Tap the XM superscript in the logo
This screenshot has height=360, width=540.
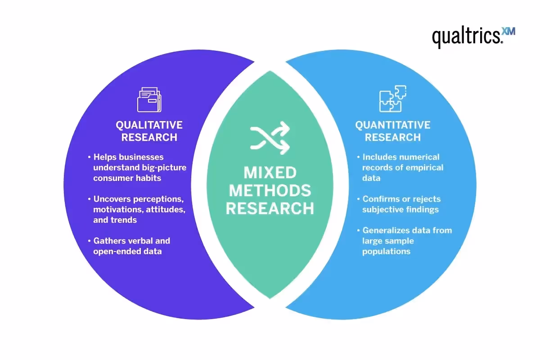point(509,31)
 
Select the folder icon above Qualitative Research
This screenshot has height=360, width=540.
point(149,99)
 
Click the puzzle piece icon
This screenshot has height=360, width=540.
point(392,99)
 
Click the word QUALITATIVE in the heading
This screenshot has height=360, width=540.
point(149,125)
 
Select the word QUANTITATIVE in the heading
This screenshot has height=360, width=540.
point(393,125)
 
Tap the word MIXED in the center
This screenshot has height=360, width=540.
point(270,173)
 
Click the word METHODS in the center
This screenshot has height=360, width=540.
point(270,190)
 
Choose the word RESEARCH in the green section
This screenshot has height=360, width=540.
point(270,208)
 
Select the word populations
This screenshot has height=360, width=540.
point(386,251)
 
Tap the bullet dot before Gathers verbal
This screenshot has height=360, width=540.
point(89,241)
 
